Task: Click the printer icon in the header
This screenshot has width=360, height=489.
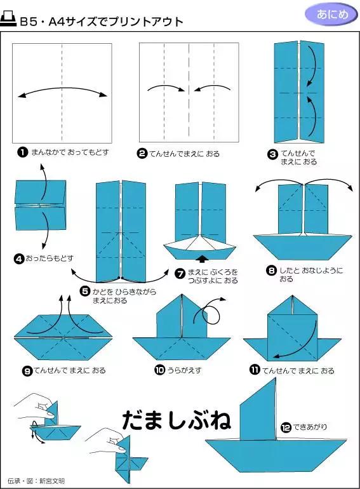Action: (10, 20)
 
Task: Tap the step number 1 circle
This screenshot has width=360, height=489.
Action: (23, 152)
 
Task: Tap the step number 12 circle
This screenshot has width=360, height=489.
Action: (286, 427)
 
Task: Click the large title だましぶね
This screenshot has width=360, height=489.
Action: (176, 419)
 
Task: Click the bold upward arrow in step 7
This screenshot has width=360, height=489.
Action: (202, 258)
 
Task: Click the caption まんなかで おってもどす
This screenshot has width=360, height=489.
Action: (70, 152)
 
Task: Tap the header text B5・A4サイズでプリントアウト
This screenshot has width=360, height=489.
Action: (102, 22)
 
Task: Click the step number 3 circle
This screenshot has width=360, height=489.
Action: (273, 153)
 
